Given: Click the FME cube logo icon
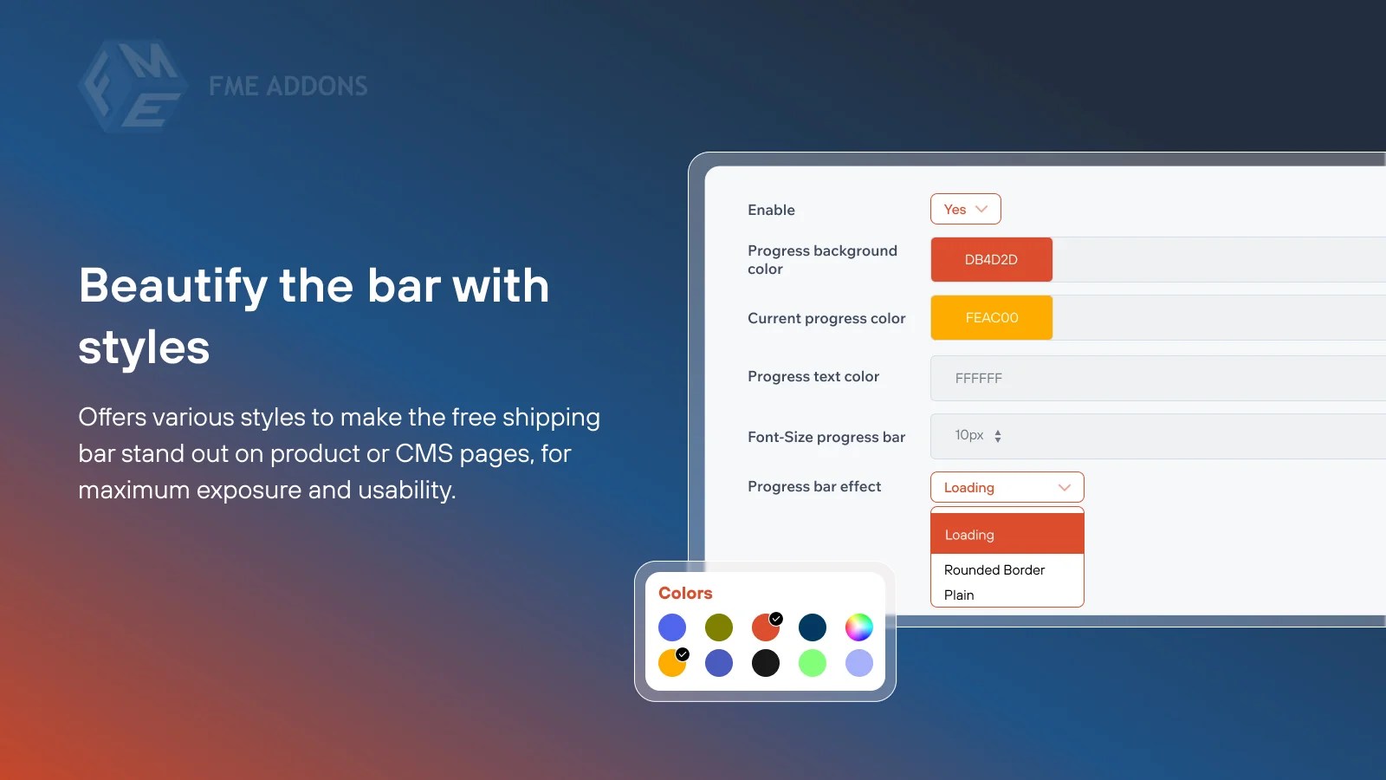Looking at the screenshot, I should pos(133,86).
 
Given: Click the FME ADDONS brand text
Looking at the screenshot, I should pos(288,86).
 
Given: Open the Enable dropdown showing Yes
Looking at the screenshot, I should pos(965,209).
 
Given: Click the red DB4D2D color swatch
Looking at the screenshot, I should pos(991,259).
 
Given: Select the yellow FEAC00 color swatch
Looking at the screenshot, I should pos(991,317).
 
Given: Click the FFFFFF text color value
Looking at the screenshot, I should pos(978,378).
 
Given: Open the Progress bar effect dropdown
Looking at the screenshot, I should pos(1007,487).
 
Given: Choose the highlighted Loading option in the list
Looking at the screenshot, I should pos(1007,534).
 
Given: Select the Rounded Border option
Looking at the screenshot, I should pos(994,569).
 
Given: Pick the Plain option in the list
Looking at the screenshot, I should pos(959,595).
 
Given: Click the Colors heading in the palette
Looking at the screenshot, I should pos(685,593).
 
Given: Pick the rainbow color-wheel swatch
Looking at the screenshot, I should pos(858,627).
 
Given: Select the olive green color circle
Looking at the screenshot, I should pos(719,627).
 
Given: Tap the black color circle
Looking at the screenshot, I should pos(766,663).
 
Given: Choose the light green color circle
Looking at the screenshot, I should pos(813,663).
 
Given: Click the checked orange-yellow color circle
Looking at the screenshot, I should pos(671,663).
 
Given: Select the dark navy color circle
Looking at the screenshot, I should pos(813,627).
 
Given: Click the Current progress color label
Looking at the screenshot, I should pos(826,318).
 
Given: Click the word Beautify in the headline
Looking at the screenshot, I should pos(173,286).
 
